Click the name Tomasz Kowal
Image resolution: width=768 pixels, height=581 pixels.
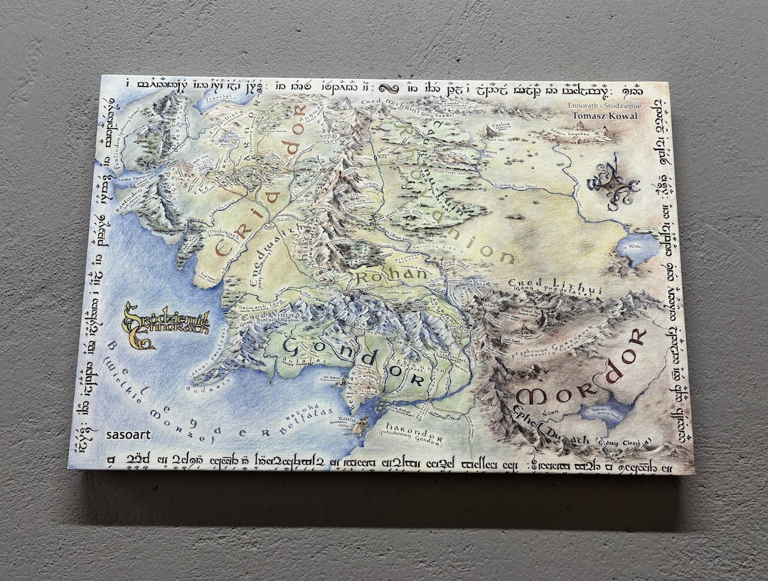[596, 115]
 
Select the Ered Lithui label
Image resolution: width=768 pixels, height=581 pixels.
[555, 286]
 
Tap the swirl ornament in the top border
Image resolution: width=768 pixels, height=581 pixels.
[389, 88]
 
